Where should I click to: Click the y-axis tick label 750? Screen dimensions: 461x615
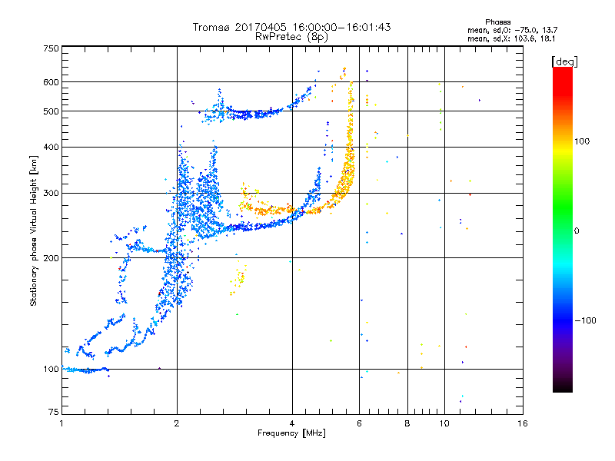[x=52, y=48]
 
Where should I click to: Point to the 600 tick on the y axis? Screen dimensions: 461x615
[x=52, y=82]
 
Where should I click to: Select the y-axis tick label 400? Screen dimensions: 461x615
[x=52, y=147]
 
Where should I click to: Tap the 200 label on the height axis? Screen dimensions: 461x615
[x=52, y=258]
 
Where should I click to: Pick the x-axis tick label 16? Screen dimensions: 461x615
[x=523, y=423]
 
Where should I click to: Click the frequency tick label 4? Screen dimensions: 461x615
[x=292, y=423]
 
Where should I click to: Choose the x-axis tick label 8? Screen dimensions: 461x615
[x=407, y=423]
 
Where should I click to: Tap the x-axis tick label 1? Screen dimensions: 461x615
[x=61, y=423]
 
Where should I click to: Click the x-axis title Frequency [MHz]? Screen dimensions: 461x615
[x=292, y=433]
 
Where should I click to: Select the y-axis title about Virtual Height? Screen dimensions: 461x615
[x=34, y=231]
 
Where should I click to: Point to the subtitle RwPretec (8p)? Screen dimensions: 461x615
[x=292, y=36]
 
